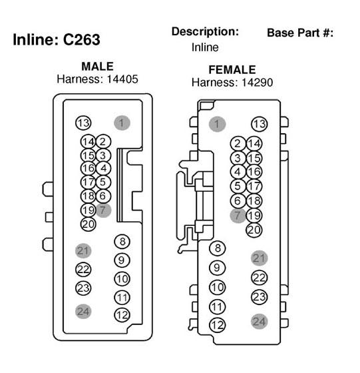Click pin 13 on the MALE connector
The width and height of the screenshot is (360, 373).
pyautogui.click(x=83, y=123)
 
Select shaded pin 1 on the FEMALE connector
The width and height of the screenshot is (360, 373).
pyautogui.click(x=217, y=124)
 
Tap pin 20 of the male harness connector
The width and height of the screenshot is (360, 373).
pyautogui.click(x=88, y=224)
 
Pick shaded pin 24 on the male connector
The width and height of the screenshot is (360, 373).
pyautogui.click(x=83, y=312)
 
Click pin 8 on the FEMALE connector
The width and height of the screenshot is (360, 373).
pyautogui.click(x=217, y=248)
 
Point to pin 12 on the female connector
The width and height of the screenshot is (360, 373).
pyautogui.click(x=217, y=325)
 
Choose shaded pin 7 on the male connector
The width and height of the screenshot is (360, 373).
pyautogui.click(x=103, y=210)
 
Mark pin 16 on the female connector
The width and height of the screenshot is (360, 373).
pyautogui.click(x=254, y=172)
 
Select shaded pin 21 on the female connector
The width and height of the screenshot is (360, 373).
pyautogui.click(x=260, y=258)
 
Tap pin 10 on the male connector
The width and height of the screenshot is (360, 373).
pyautogui.click(x=122, y=279)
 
